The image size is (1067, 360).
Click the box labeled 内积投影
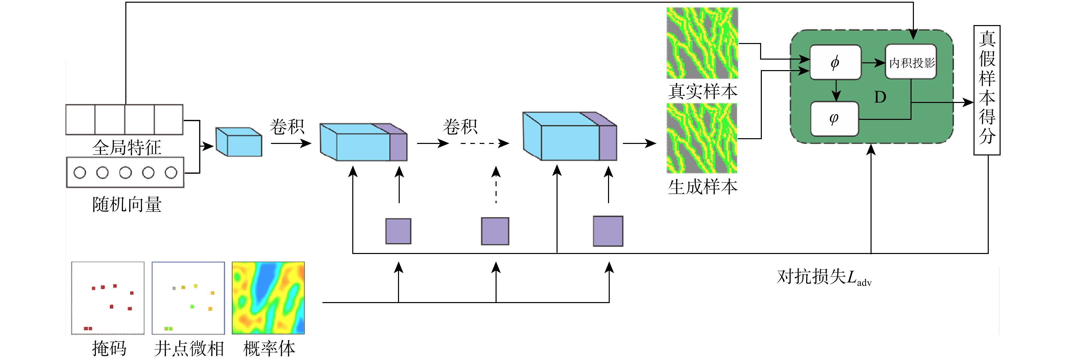[x=911, y=62]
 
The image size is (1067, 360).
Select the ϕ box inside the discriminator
[x=835, y=62]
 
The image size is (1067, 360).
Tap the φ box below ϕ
[x=834, y=119]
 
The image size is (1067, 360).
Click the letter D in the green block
[x=880, y=97]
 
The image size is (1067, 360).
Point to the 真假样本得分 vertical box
[x=987, y=90]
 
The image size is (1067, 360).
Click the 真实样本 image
[x=702, y=43]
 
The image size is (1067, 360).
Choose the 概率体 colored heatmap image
[x=268, y=298]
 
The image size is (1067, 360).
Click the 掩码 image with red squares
[x=108, y=298]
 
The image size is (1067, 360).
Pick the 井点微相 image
[x=188, y=298]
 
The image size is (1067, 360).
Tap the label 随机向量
[x=127, y=205]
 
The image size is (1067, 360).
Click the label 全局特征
[x=127, y=147]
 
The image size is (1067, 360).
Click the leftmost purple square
[x=398, y=231]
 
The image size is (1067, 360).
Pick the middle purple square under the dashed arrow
[x=495, y=231]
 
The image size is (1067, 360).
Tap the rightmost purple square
[x=608, y=231]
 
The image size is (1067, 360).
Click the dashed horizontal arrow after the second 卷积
[x=485, y=143]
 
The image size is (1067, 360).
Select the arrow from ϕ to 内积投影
[x=873, y=63]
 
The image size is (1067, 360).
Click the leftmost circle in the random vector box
[x=80, y=172]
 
